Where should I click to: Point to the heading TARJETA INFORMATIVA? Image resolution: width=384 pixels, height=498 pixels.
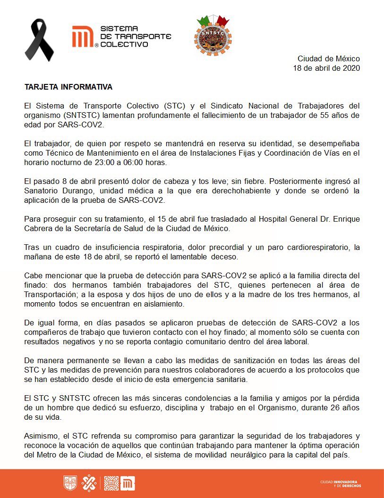68,87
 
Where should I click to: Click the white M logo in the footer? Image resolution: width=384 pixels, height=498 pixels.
128,483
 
